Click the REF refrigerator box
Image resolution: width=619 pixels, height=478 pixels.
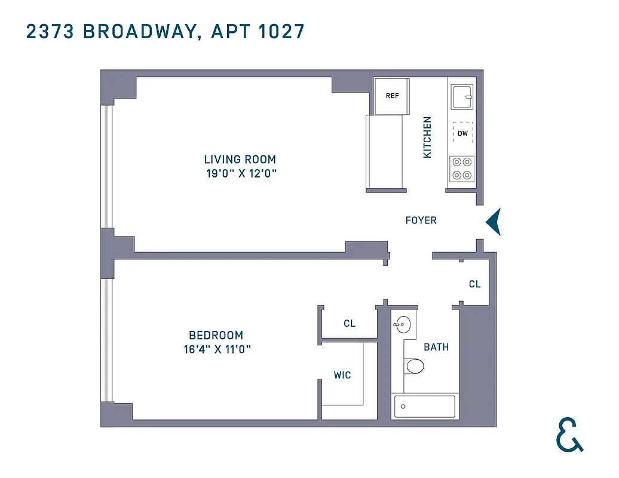392,96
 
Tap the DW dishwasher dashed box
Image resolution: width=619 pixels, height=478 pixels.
463,133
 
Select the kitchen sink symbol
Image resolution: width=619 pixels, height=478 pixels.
462,96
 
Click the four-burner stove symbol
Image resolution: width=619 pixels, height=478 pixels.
462,168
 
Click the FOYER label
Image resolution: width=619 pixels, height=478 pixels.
421,220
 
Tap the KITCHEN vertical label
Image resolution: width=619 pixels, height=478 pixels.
427,137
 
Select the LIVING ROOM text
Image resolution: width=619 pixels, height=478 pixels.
240,160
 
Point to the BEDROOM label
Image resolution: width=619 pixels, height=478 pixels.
216,335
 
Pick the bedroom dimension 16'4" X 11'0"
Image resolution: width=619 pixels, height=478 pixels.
216,350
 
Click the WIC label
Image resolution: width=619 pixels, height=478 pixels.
342,375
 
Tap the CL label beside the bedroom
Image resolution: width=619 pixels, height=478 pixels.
350,323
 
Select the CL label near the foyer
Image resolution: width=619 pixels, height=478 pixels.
474,284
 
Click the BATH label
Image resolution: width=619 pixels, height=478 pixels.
436,347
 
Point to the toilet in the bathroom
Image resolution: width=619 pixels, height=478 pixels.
413,365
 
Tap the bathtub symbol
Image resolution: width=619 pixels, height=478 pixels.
425,407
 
